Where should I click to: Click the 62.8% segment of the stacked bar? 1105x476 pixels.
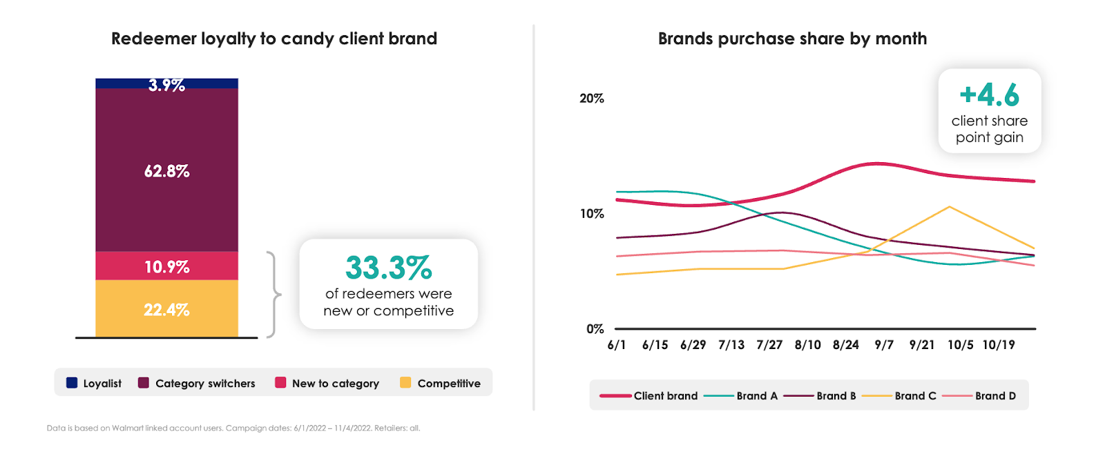pyautogui.click(x=166, y=170)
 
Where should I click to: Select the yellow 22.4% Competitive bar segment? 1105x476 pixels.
pyautogui.click(x=166, y=310)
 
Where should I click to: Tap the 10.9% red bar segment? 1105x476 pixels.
pyautogui.click(x=166, y=266)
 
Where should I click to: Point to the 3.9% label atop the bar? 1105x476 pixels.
pyautogui.click(x=166, y=86)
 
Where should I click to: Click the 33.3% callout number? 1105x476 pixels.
pyautogui.click(x=388, y=268)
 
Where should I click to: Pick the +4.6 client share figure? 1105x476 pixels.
pyautogui.click(x=989, y=95)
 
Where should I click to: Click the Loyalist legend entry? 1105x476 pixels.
pyautogui.click(x=94, y=384)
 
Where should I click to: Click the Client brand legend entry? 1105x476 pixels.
pyautogui.click(x=649, y=396)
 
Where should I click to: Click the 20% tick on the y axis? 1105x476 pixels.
pyautogui.click(x=592, y=99)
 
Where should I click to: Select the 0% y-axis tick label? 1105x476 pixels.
pyautogui.click(x=595, y=329)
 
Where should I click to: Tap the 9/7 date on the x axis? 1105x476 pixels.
pyautogui.click(x=884, y=345)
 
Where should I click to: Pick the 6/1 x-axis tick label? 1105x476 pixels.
pyautogui.click(x=617, y=345)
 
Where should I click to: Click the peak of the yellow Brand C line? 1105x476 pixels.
pyautogui.click(x=950, y=207)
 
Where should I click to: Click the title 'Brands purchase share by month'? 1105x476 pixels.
pyautogui.click(x=792, y=39)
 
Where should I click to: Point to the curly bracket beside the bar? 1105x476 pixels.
pyautogui.click(x=274, y=295)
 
